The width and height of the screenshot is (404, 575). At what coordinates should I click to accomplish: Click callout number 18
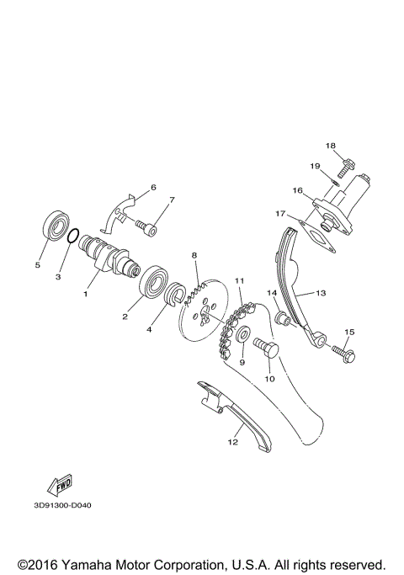click(331, 145)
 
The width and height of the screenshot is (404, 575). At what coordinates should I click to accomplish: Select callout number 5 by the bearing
click(37, 264)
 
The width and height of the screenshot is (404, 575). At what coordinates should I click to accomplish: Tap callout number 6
click(153, 186)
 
